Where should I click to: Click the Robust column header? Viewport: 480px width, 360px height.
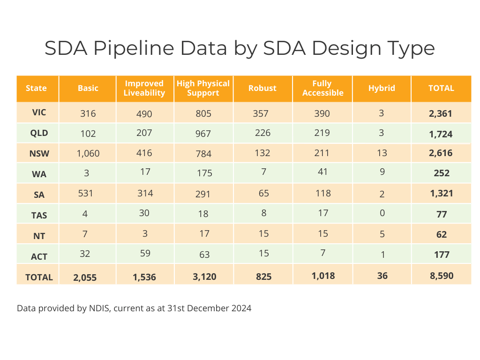(x=262, y=88)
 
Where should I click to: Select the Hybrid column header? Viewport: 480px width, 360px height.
(x=382, y=88)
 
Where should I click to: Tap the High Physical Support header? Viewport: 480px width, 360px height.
(x=203, y=88)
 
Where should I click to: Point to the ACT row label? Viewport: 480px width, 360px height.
(x=38, y=256)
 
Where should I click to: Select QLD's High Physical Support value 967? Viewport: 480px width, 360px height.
(x=203, y=134)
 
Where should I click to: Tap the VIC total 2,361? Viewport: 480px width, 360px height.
(x=441, y=114)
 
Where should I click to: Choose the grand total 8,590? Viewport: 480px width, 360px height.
(x=441, y=276)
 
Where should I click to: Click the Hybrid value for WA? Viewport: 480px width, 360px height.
(x=382, y=172)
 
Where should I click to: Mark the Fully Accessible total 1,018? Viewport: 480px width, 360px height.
(x=323, y=276)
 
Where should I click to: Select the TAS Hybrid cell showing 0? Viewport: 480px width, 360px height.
(x=382, y=213)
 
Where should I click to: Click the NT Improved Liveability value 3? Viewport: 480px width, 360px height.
(x=145, y=234)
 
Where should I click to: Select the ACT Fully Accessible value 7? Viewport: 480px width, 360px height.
(x=323, y=253)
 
